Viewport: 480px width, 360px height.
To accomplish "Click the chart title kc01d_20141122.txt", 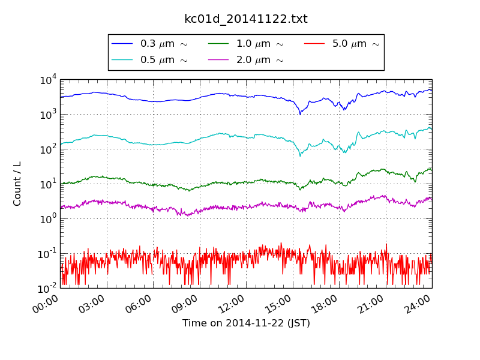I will point(245,19).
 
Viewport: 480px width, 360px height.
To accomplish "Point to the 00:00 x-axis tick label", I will point(46,305).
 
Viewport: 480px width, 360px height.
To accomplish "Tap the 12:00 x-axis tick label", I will point(232,305).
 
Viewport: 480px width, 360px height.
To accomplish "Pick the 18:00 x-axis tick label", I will point(325,305).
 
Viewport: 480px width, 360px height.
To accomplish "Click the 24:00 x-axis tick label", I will point(418,305).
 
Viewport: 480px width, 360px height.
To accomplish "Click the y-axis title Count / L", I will point(17,184).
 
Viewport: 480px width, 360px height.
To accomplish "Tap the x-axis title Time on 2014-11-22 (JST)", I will point(246,323).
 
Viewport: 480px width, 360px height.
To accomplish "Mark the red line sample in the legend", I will point(314,44).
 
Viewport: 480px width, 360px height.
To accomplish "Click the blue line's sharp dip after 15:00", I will point(300,114).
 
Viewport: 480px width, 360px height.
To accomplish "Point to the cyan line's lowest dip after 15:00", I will point(300,156).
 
